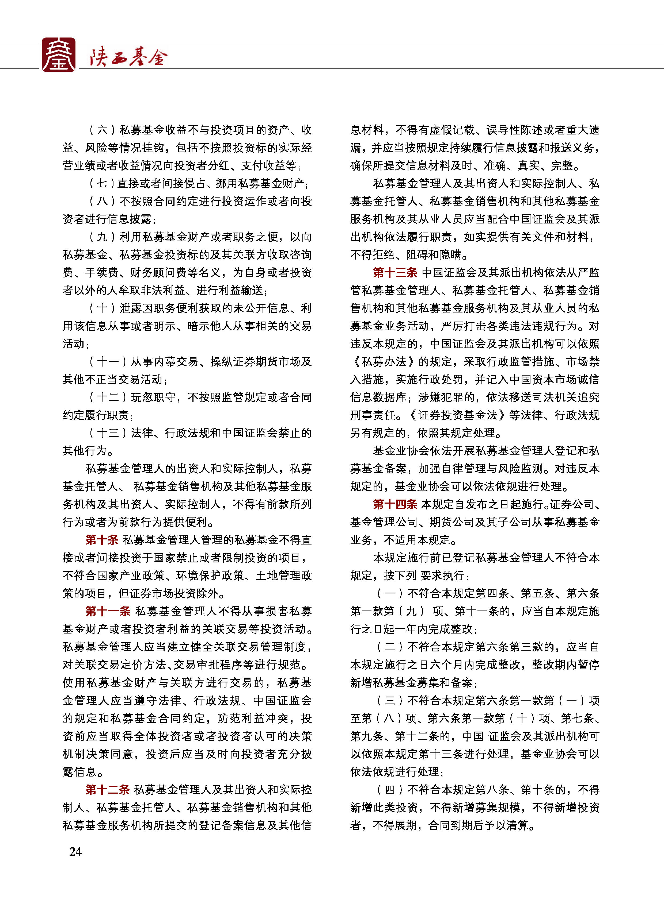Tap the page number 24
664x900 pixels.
[x=75, y=851]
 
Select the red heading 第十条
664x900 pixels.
[x=102, y=540]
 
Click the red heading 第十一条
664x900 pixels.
[x=108, y=611]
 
